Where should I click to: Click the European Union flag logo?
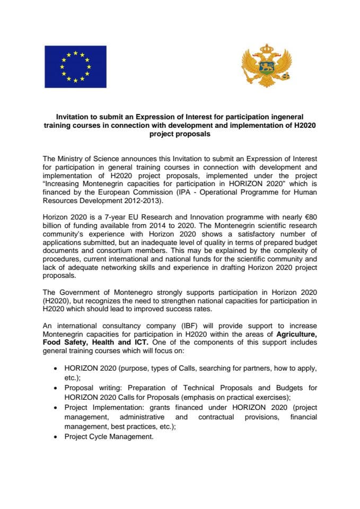coord(75,67)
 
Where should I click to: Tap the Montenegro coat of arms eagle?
coord(264,67)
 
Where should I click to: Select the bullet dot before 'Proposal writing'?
coord(57,388)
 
